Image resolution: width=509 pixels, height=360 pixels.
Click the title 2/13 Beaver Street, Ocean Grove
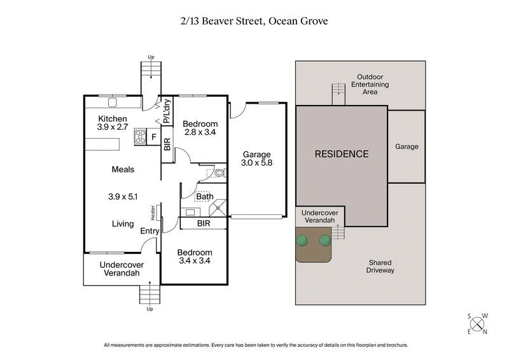pyautogui.click(x=254, y=22)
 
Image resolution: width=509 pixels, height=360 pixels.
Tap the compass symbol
pyautogui.click(x=477, y=322)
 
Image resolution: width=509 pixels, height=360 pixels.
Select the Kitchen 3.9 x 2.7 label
pyautogui.click(x=113, y=123)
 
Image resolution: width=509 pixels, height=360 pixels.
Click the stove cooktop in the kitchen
pyautogui.click(x=140, y=136)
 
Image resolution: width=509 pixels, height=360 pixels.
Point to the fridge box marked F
pyautogui.click(x=153, y=136)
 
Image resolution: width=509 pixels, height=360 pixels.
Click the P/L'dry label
pyautogui.click(x=167, y=111)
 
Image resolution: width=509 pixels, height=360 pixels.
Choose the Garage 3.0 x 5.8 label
pyautogui.click(x=257, y=159)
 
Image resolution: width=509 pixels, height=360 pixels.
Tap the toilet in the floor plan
pyautogui.click(x=218, y=172)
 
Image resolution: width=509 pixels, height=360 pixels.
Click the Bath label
pyautogui.click(x=204, y=197)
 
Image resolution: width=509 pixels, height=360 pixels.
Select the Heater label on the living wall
pyautogui.click(x=153, y=212)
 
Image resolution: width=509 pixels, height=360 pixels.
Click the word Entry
pyautogui.click(x=150, y=231)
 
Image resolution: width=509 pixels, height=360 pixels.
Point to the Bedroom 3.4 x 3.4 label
pyautogui.click(x=195, y=256)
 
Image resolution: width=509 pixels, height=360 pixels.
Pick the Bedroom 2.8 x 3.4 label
pyautogui.click(x=200, y=128)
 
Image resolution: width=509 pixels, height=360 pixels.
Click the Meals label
pyautogui.click(x=122, y=169)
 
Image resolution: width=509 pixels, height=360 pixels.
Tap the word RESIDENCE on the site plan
pyautogui.click(x=342, y=154)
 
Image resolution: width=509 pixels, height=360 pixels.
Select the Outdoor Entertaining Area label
pyautogui.click(x=372, y=84)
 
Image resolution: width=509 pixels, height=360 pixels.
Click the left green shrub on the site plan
pyautogui.click(x=302, y=240)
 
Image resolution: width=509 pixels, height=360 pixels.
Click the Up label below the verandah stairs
pyautogui.click(x=150, y=309)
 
